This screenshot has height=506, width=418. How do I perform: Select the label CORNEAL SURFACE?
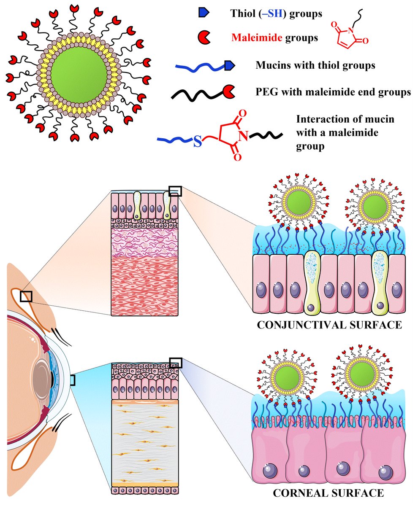click(x=328, y=492)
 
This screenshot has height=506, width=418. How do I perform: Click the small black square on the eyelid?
click(x=26, y=296)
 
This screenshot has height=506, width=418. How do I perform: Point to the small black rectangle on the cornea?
click(x=72, y=380)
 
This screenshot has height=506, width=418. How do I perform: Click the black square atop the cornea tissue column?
click(x=176, y=362)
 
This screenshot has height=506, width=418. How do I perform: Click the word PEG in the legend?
click(x=265, y=92)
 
